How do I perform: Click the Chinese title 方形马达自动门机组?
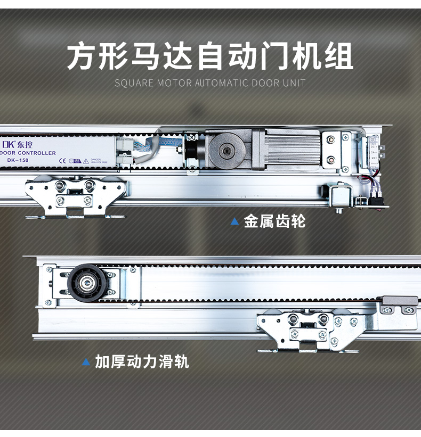210,56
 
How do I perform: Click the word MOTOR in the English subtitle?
174,83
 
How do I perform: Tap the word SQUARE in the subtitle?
134,83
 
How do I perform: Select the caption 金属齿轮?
274,221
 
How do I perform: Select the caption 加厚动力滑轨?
142,362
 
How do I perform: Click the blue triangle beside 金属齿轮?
234,221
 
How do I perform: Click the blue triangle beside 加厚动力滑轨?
86,362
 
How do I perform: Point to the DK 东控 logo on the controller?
17,144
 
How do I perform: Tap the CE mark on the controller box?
62,160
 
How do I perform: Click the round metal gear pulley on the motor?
226,151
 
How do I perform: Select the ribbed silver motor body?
290,150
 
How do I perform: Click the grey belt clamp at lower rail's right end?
399,305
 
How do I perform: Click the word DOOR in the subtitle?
264,83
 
